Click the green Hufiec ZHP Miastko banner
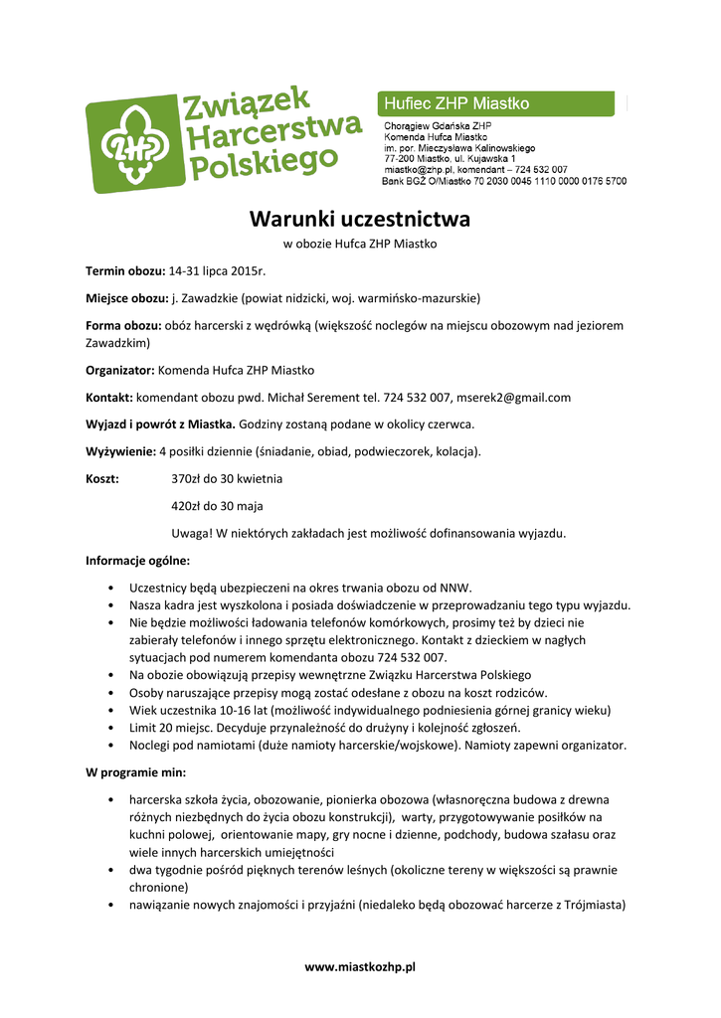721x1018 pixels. [x=503, y=103]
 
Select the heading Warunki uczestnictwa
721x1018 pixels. [x=359, y=219]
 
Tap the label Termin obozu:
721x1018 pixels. [x=124, y=270]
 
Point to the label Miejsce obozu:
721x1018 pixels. [x=126, y=297]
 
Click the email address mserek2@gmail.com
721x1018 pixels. [x=513, y=398]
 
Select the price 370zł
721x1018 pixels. [x=186, y=479]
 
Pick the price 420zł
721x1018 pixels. [x=186, y=506]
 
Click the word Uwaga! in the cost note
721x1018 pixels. [x=191, y=533]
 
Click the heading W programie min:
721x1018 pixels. [x=135, y=772]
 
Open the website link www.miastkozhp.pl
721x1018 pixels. [x=359, y=966]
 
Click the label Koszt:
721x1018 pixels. [x=103, y=479]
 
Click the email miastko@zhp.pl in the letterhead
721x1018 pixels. [x=417, y=170]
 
